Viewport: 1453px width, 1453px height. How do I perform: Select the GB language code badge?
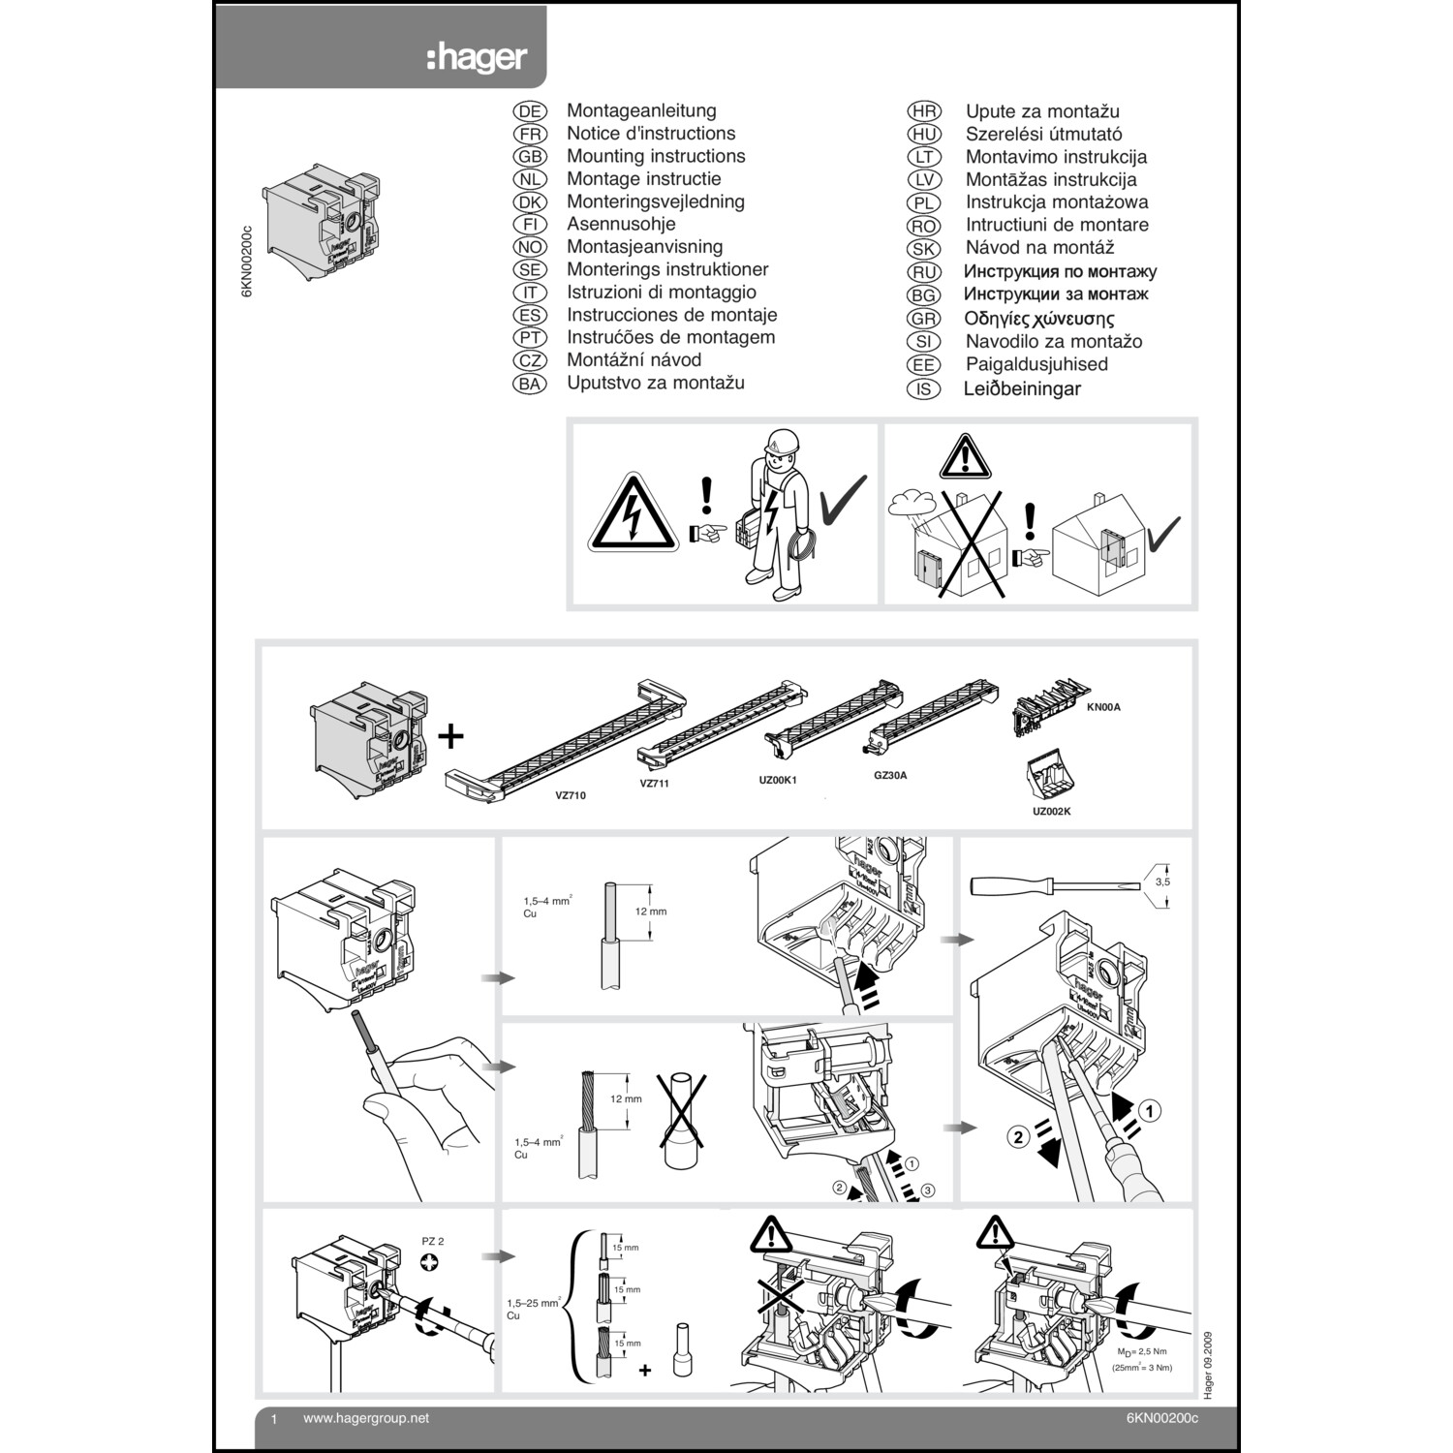530,157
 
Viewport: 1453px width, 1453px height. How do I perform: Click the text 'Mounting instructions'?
656,156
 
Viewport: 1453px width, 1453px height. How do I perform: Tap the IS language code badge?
923,389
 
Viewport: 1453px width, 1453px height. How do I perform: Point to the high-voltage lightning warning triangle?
632,514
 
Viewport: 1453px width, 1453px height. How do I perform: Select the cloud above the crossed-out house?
910,503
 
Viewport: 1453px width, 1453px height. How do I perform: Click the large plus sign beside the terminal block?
450,736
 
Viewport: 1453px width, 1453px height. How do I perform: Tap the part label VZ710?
570,795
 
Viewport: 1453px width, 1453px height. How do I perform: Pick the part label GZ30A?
889,775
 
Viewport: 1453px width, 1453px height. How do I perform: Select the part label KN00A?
1103,707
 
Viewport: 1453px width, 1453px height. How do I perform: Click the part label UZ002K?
1051,811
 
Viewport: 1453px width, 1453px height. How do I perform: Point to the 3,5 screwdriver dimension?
1162,882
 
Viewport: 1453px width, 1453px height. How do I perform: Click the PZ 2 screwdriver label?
433,1241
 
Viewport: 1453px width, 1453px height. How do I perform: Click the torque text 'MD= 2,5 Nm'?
1142,1351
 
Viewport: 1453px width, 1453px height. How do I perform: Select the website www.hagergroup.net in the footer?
365,1418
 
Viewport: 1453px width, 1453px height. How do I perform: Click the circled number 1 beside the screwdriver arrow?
1149,1111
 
